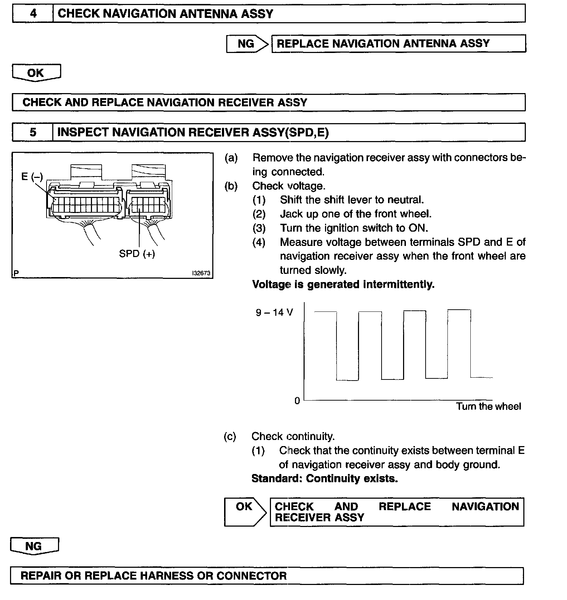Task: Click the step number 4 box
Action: click(x=33, y=14)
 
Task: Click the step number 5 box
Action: click(x=33, y=132)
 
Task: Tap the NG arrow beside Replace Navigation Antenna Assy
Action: click(x=247, y=44)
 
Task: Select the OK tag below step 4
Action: click(x=36, y=73)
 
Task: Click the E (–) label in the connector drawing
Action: click(x=32, y=176)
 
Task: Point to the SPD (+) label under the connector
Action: click(x=137, y=254)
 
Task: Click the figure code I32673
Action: click(x=201, y=273)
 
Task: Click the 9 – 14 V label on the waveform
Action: click(x=274, y=313)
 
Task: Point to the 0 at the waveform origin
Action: click(x=297, y=401)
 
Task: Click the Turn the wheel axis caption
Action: click(x=488, y=406)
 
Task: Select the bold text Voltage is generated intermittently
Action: click(x=343, y=285)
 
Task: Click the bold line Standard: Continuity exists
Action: click(x=325, y=479)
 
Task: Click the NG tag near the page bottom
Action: click(x=34, y=546)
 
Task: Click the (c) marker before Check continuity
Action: click(x=230, y=436)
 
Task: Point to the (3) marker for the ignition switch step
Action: click(x=259, y=228)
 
